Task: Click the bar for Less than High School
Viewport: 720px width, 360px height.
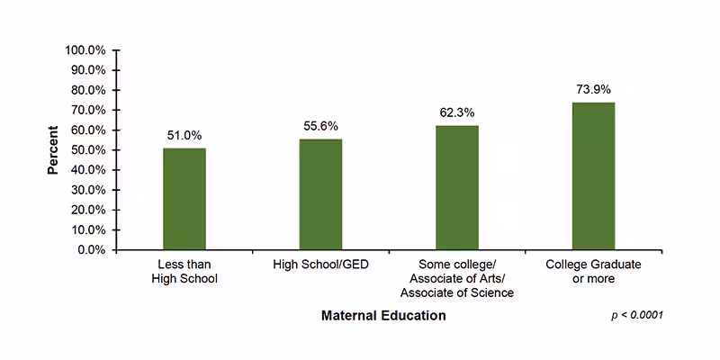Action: click(x=184, y=199)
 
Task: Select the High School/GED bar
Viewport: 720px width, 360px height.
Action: click(x=320, y=194)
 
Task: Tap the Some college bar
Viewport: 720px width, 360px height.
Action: click(x=457, y=188)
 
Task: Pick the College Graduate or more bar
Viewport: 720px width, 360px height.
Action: click(x=593, y=176)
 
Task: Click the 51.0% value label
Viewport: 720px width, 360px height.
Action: click(x=184, y=136)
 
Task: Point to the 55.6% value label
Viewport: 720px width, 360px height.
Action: click(x=320, y=126)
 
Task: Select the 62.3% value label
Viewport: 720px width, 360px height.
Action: click(x=457, y=113)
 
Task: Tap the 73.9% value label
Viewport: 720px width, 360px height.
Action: click(x=594, y=89)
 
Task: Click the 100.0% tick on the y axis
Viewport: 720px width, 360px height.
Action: click(x=86, y=50)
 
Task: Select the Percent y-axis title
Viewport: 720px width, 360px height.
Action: click(x=53, y=150)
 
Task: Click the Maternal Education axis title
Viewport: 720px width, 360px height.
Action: click(x=383, y=316)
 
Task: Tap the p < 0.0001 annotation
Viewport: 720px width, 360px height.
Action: click(x=637, y=317)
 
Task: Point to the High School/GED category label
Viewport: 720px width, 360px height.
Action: click(x=320, y=265)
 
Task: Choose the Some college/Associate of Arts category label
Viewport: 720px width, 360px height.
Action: click(x=457, y=279)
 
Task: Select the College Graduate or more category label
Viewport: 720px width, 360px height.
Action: click(x=593, y=272)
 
